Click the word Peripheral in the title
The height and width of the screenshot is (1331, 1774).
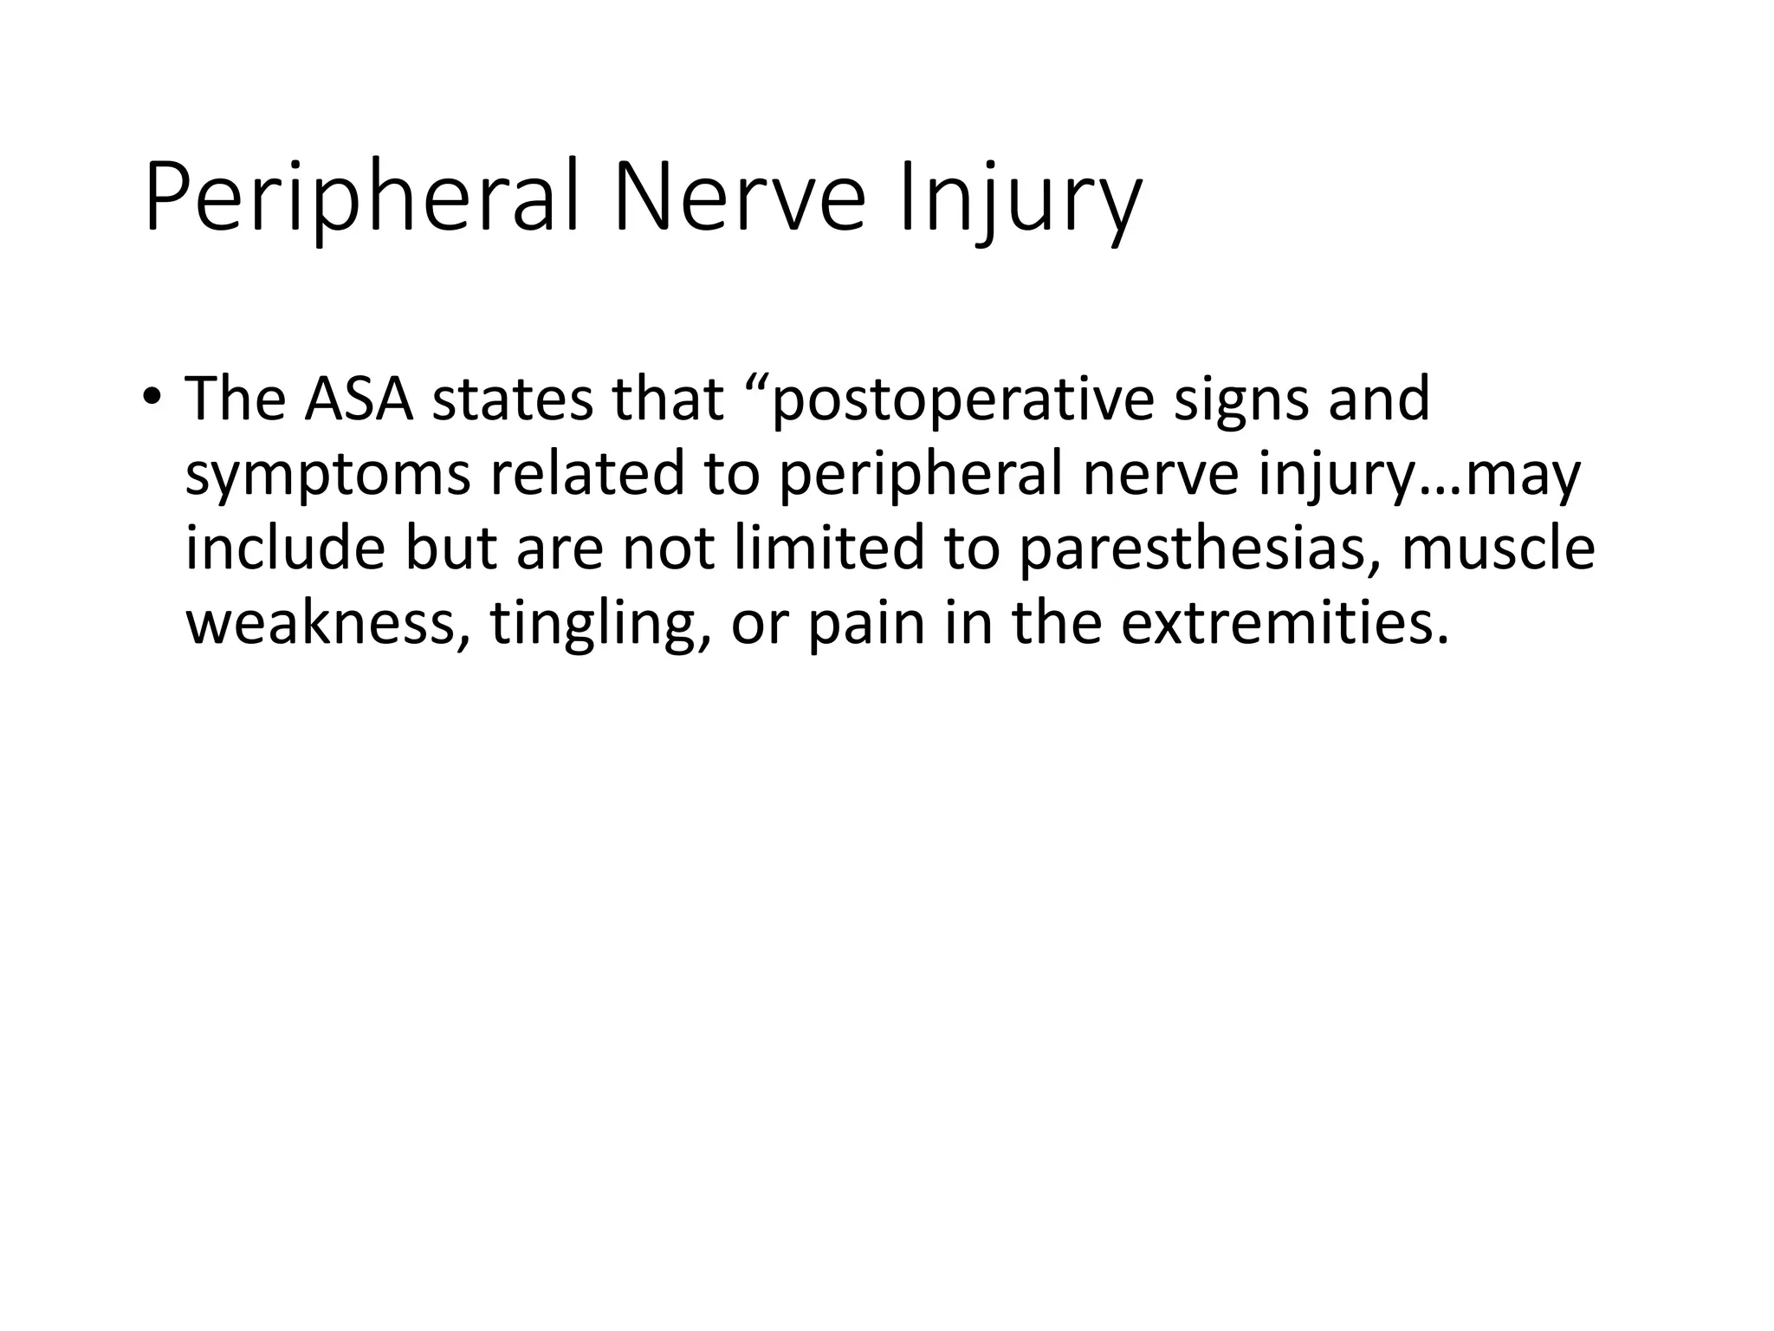(x=360, y=201)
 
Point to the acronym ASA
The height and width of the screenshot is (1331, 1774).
(x=359, y=399)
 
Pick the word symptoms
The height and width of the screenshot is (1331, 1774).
(x=328, y=475)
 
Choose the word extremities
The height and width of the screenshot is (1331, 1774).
(x=1284, y=623)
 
